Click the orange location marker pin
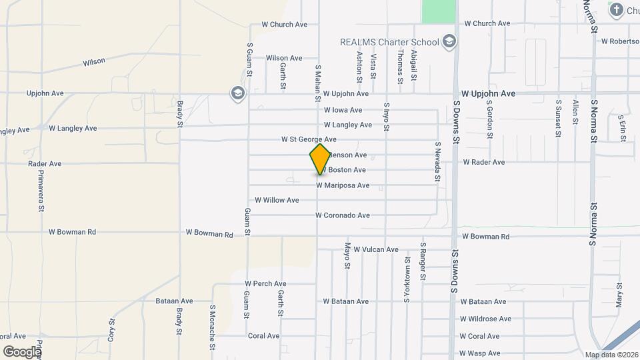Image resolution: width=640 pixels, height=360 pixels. (320, 159)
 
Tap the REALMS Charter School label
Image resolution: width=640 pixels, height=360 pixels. (389, 42)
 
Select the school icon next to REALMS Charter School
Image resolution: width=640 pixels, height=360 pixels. (450, 42)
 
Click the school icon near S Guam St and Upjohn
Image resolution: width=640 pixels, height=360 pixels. (237, 93)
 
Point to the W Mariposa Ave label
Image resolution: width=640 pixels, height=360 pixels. (343, 185)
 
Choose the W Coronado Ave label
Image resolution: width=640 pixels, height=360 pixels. (343, 215)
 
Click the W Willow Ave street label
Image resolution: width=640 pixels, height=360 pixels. (277, 200)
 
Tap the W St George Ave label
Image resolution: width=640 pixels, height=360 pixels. (309, 140)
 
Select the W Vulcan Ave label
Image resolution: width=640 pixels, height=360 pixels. (376, 249)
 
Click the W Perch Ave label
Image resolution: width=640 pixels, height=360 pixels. (265, 284)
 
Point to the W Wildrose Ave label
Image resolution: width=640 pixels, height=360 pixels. (485, 319)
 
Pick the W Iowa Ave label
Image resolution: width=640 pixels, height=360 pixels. (343, 110)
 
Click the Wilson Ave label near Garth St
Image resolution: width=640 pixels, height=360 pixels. (284, 58)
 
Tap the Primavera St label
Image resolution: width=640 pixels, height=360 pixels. (41, 190)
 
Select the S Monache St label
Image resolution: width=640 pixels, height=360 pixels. (212, 327)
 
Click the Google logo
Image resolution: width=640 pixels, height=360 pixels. (22, 351)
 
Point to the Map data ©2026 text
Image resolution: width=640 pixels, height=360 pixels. (611, 355)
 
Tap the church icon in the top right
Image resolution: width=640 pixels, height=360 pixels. (615, 9)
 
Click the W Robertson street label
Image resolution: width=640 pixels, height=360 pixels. (619, 41)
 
